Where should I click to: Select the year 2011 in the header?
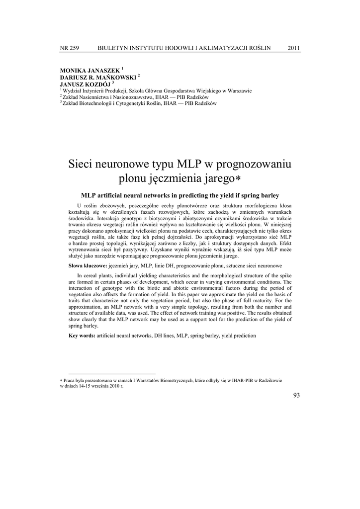[x=294, y=48]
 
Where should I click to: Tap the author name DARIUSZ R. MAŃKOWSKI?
[x=98, y=78]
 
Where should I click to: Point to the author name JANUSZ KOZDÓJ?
[x=86, y=84]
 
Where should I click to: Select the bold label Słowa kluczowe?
[x=88, y=266]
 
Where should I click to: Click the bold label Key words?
[x=82, y=336]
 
